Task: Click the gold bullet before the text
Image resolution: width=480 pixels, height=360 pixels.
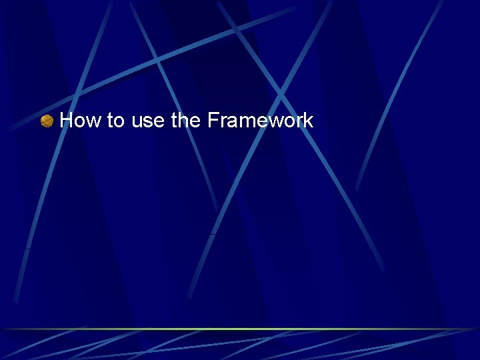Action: [47, 121]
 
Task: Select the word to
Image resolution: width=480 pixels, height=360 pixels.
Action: [115, 121]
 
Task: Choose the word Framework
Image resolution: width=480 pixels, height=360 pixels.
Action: [260, 121]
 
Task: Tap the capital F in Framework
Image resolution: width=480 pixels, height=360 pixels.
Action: [213, 121]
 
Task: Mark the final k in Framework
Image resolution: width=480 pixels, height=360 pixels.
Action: [308, 121]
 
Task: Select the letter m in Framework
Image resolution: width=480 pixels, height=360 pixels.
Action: [244, 123]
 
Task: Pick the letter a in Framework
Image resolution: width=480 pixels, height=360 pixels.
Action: [231, 123]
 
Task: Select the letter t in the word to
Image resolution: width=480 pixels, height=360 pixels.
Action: [110, 121]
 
